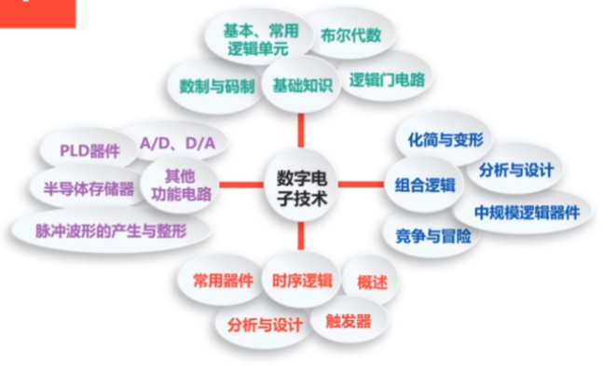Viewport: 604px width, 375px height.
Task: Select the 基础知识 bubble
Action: (301, 85)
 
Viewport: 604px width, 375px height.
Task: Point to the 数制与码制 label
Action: (216, 86)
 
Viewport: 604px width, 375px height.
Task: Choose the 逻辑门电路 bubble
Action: (387, 79)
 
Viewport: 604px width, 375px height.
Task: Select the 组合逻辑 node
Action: (425, 184)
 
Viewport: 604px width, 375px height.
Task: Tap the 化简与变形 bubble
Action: (445, 140)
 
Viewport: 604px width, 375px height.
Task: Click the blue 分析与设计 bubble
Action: (515, 171)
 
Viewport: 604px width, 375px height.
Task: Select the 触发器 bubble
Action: (349, 321)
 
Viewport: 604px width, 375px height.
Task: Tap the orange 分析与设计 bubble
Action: (265, 325)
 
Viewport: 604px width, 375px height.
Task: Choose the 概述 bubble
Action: (366, 281)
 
